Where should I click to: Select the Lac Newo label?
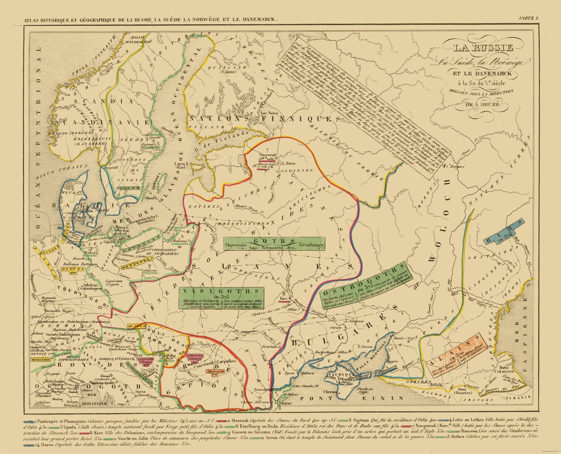[x=269, y=113]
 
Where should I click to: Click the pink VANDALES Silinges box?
[x=145, y=361]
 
